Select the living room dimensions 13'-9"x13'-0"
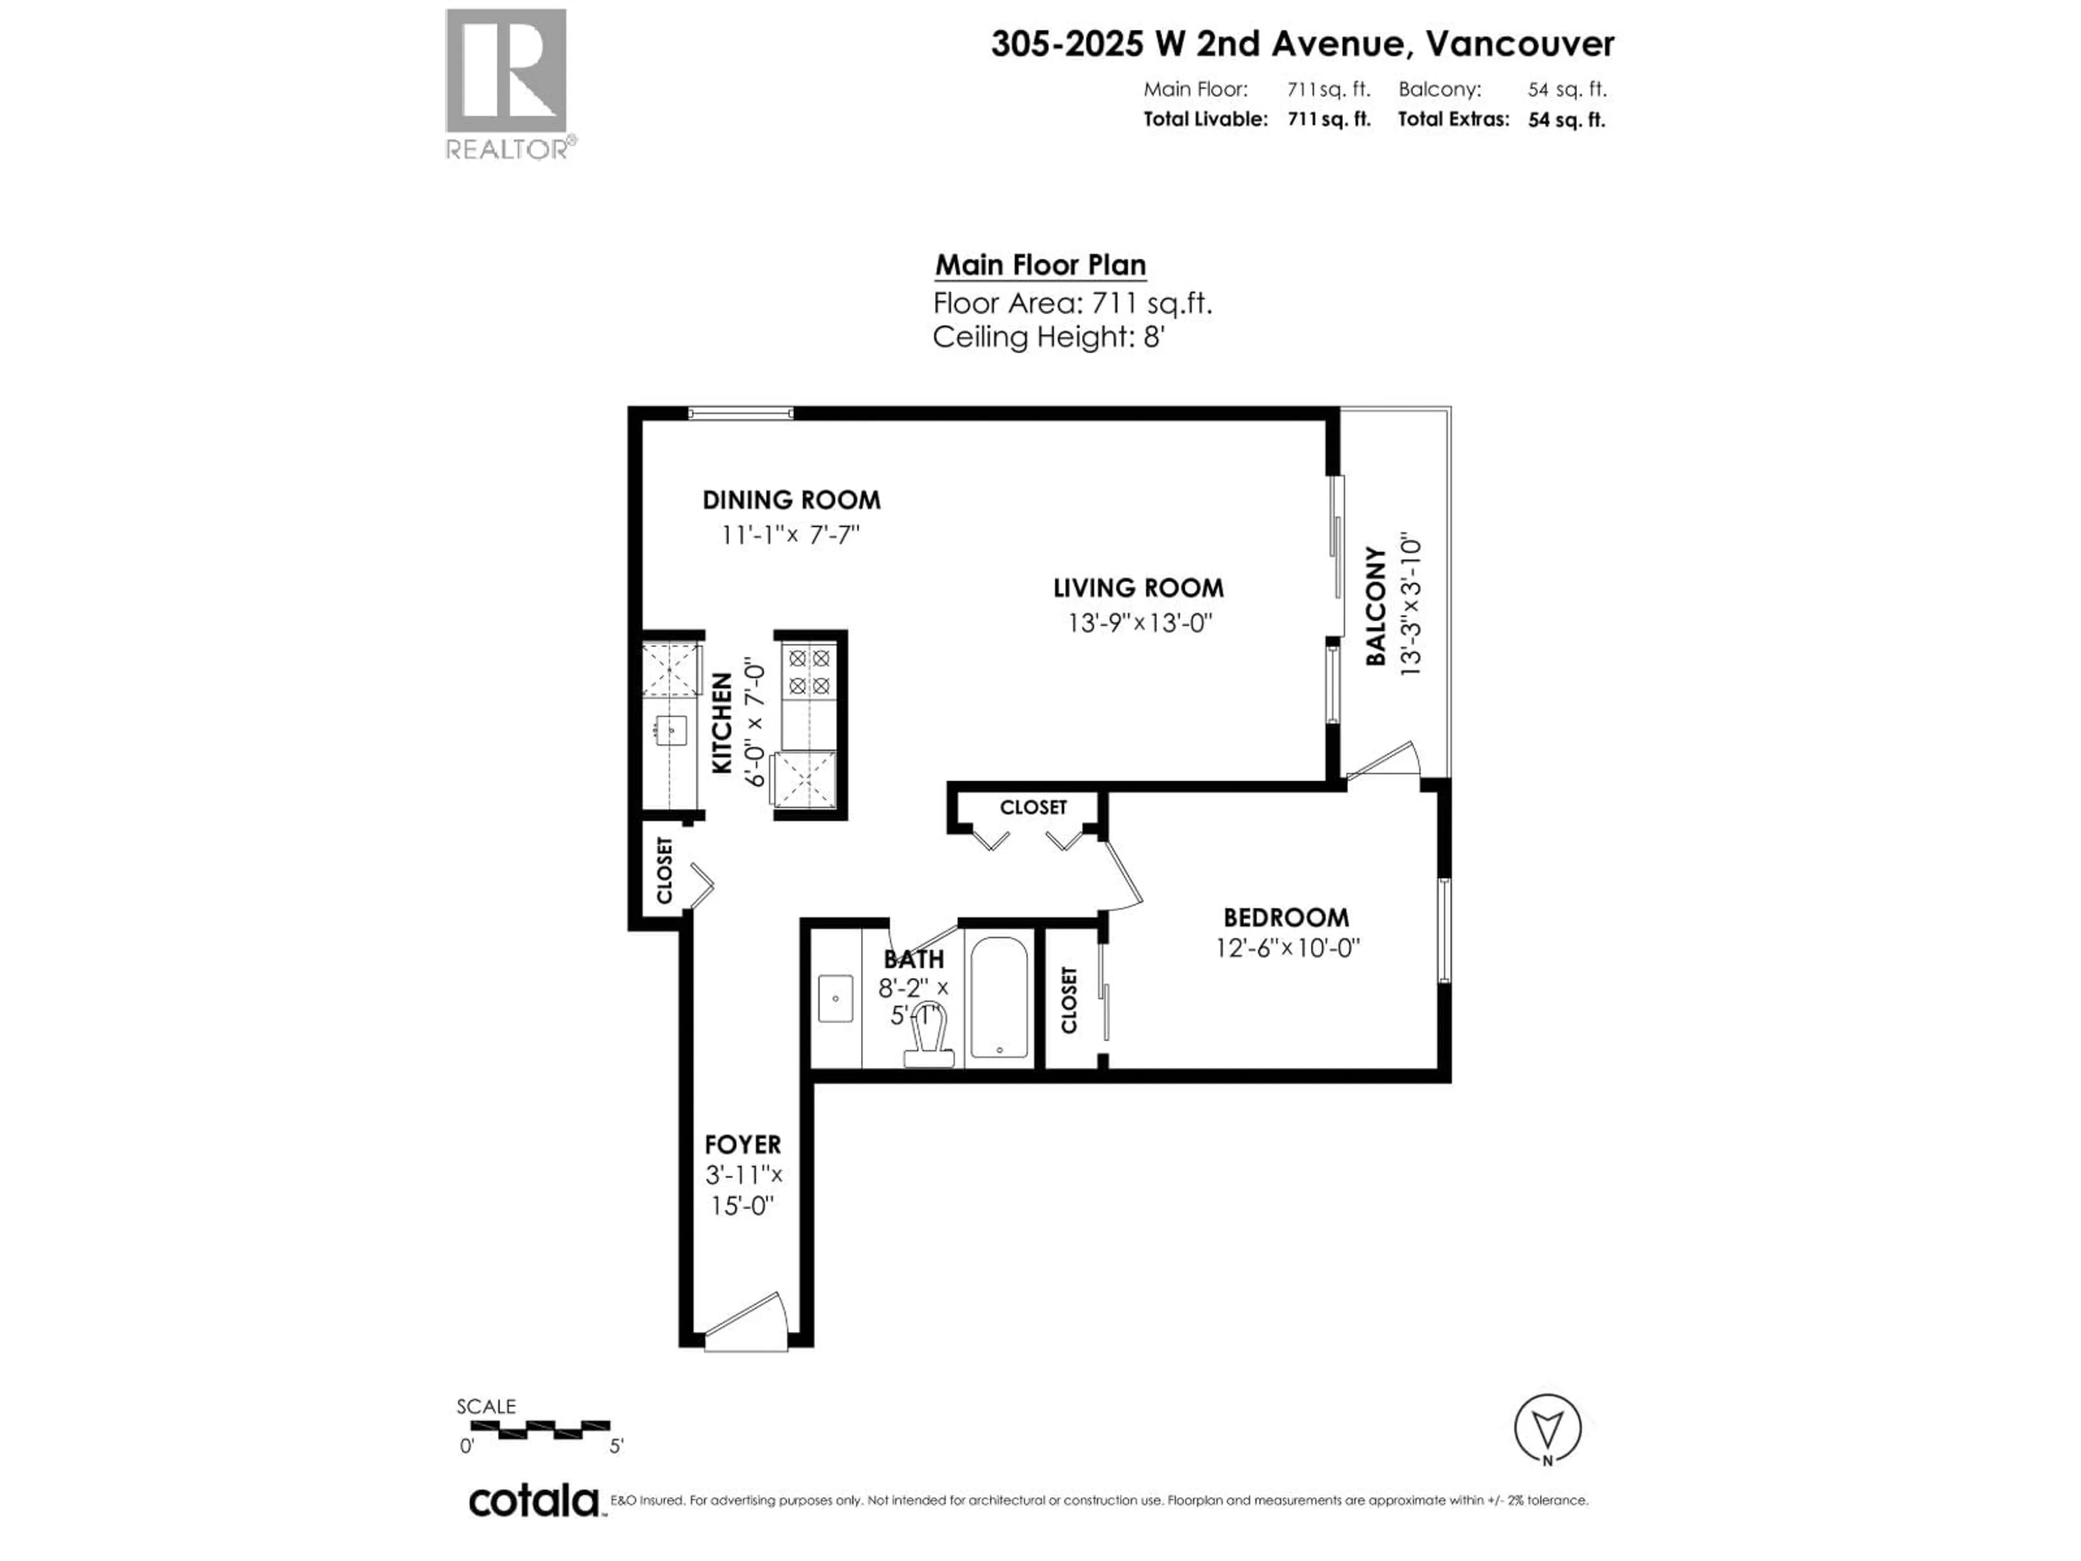click(x=1139, y=623)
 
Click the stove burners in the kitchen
click(x=809, y=672)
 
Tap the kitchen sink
click(x=671, y=729)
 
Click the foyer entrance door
click(x=746, y=1325)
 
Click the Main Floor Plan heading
click(x=1039, y=266)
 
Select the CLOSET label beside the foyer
click(x=664, y=870)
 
